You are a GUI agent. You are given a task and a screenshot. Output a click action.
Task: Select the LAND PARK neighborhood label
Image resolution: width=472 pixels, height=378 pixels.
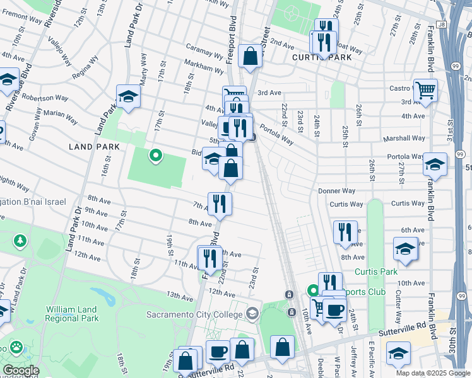tap(90, 146)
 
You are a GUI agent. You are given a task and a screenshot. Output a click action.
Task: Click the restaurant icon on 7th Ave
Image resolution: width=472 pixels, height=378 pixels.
tap(220, 203)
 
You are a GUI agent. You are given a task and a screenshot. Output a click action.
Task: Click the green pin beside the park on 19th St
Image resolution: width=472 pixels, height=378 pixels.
tap(155, 155)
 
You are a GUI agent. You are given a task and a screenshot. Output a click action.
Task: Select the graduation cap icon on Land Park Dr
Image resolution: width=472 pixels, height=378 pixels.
tap(128, 96)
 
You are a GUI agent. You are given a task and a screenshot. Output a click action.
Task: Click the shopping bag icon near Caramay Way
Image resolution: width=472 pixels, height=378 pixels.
tap(251, 56)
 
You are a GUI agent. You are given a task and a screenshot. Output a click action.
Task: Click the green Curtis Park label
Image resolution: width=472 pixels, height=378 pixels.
tap(375, 272)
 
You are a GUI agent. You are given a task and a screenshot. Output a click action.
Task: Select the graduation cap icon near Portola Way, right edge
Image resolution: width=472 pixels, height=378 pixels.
tap(435, 164)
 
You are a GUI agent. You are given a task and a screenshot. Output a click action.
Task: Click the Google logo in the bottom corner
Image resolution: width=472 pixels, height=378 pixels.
tap(20, 370)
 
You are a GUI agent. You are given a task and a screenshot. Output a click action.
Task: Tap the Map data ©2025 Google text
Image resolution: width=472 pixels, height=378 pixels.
tap(432, 373)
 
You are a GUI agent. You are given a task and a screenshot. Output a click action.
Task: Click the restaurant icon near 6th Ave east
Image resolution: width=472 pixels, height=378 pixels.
tap(345, 231)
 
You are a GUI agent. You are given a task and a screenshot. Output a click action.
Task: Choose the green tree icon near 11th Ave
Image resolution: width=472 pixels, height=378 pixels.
tap(20, 241)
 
